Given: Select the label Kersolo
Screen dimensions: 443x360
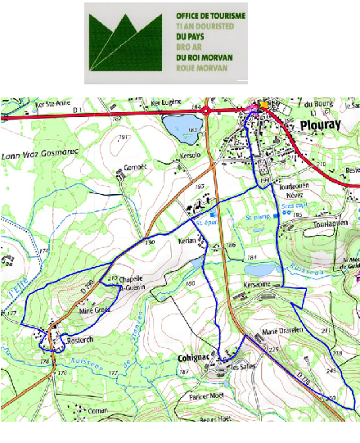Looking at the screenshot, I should point(190,155).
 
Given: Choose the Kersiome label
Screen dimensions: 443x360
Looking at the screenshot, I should point(258,285).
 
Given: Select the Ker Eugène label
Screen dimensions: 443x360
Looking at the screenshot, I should point(166,103).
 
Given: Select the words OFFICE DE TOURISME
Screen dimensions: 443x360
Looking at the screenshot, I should point(205,16).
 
